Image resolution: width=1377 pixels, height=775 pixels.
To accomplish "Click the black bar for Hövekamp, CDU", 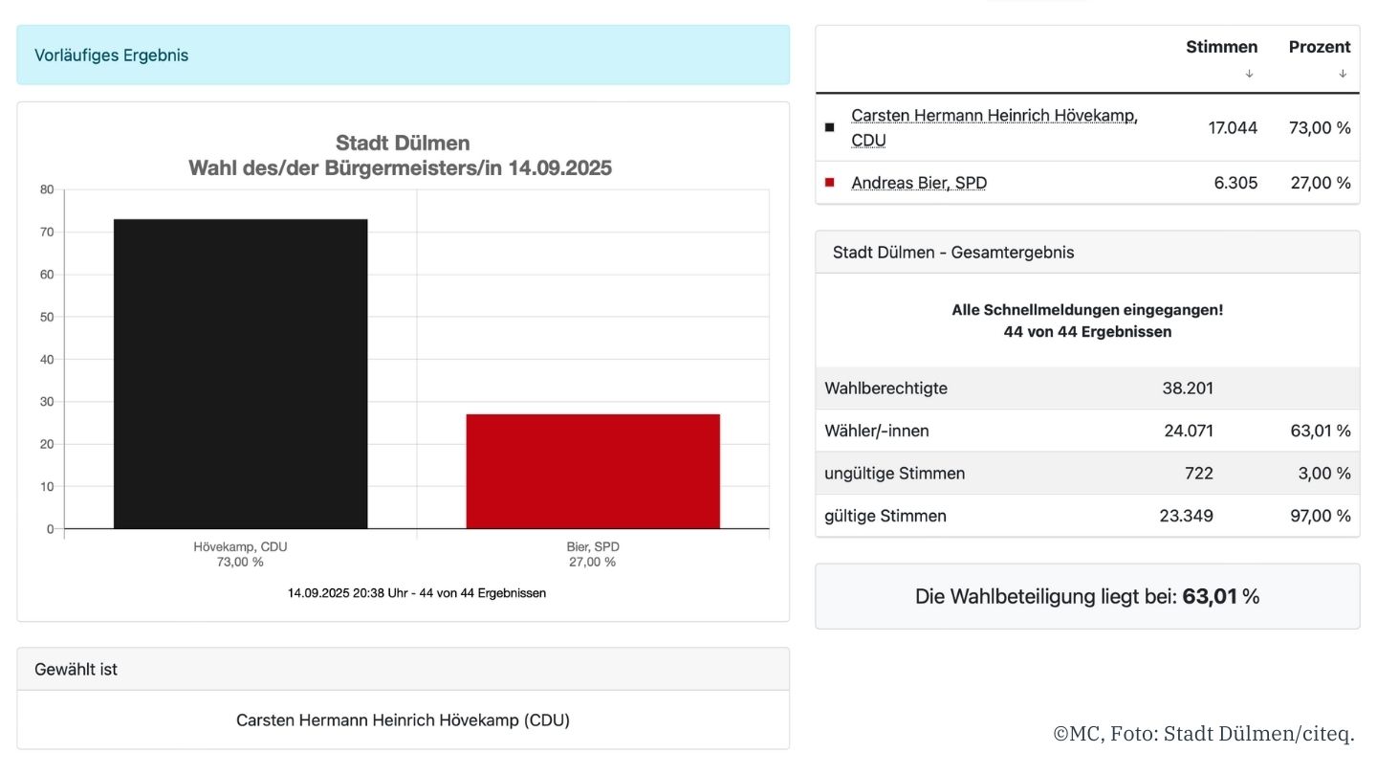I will pyautogui.click(x=240, y=373).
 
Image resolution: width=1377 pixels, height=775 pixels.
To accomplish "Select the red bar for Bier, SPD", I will pyautogui.click(x=593, y=471).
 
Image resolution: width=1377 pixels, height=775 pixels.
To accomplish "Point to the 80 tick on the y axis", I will pyautogui.click(x=47, y=189).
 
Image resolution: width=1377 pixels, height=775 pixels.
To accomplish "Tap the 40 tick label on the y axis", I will pyautogui.click(x=47, y=360).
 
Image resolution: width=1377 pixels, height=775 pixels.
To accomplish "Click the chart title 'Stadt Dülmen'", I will pyautogui.click(x=403, y=144).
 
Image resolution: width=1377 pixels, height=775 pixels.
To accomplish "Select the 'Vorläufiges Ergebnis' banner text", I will pyautogui.click(x=111, y=55).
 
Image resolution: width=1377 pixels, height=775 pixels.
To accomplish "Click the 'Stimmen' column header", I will pyautogui.click(x=1221, y=47).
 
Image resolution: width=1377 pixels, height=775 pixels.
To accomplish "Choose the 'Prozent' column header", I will pyautogui.click(x=1320, y=47).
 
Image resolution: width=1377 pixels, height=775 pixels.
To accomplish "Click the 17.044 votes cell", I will pyautogui.click(x=1234, y=127).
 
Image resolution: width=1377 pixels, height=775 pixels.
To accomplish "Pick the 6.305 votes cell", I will pyautogui.click(x=1235, y=183).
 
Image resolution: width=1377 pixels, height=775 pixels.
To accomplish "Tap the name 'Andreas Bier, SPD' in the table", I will pyautogui.click(x=918, y=183).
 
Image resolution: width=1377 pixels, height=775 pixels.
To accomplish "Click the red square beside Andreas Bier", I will pyautogui.click(x=829, y=182).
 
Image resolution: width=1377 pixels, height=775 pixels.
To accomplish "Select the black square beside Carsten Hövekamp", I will pyautogui.click(x=829, y=127).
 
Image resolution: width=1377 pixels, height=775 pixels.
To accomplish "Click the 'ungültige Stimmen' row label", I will pyautogui.click(x=894, y=474).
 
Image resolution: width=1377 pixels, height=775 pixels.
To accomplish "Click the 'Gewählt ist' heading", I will pyautogui.click(x=76, y=670).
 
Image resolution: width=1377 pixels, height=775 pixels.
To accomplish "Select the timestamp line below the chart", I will pyautogui.click(x=417, y=593).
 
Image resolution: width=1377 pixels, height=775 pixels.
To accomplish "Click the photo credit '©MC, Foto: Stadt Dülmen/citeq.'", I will pyautogui.click(x=1204, y=734).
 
